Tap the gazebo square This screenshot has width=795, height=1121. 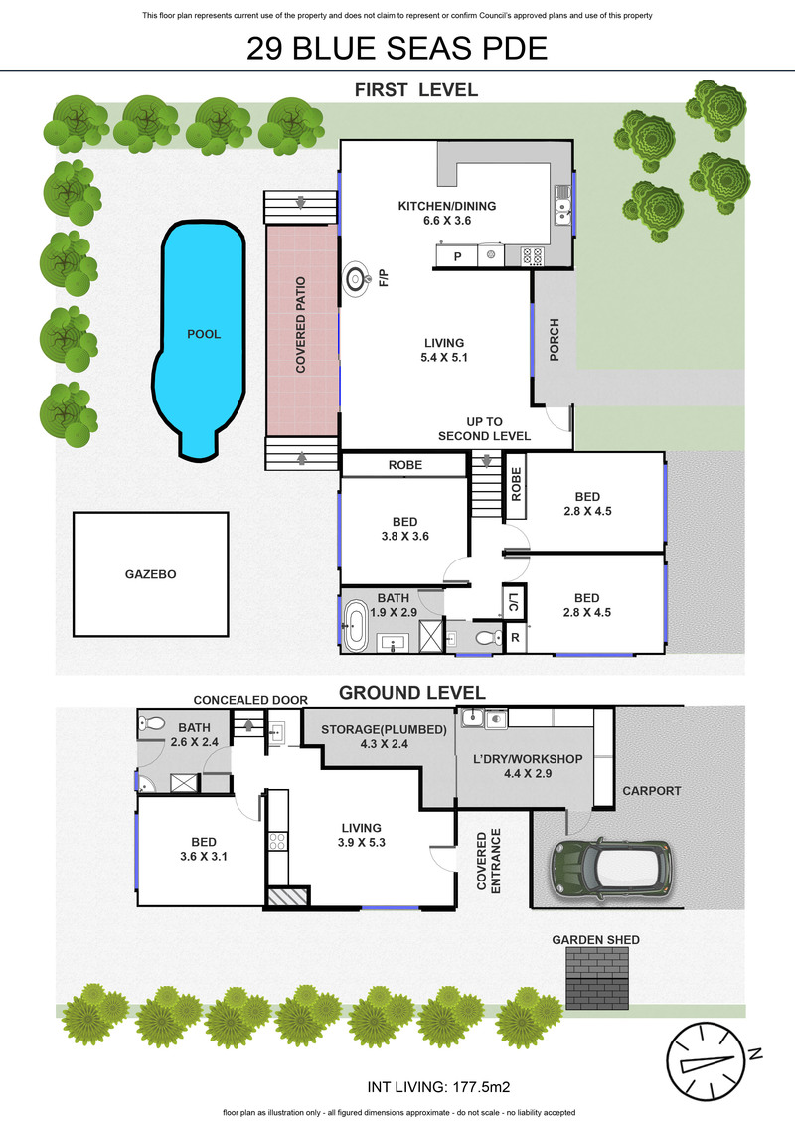(x=150, y=574)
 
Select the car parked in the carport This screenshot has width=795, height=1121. (x=611, y=868)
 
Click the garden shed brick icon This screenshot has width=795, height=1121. (x=597, y=977)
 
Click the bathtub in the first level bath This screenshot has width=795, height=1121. (x=355, y=626)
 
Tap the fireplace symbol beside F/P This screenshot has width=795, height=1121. (x=356, y=279)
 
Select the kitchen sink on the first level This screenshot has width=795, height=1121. (x=562, y=205)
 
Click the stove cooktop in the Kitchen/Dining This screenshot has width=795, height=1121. (x=533, y=256)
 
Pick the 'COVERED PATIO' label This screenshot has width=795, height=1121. (x=301, y=325)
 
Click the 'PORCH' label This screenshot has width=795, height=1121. (x=555, y=340)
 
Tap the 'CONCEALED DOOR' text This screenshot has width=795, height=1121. (x=250, y=700)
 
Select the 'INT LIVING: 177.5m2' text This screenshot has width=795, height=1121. (x=438, y=1086)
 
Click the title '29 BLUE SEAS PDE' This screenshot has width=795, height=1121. (x=397, y=48)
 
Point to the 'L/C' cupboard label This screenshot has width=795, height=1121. (x=514, y=602)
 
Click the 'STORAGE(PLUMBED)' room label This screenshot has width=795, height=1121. (x=384, y=729)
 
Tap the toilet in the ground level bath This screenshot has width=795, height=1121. (x=152, y=723)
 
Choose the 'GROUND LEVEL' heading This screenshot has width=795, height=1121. (x=411, y=692)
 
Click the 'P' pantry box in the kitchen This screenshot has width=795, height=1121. (x=457, y=256)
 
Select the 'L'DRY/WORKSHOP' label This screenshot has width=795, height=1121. (x=528, y=758)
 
